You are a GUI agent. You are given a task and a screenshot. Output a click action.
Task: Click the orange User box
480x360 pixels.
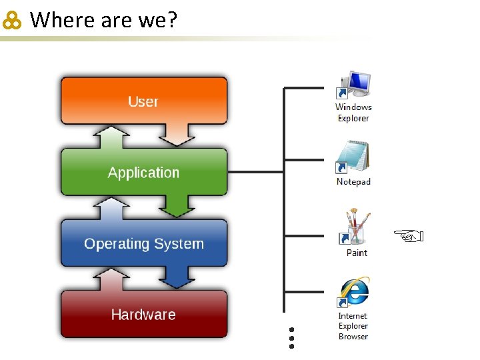(143, 100)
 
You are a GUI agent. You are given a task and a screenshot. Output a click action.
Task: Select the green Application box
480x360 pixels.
(143, 172)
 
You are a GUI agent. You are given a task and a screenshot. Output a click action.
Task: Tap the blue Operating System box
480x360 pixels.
(143, 243)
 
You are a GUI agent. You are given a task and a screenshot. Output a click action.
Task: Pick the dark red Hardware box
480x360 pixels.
(143, 315)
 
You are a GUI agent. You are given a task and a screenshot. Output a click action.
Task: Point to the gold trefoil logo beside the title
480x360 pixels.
(13, 22)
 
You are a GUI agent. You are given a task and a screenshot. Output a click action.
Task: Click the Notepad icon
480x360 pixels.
(353, 159)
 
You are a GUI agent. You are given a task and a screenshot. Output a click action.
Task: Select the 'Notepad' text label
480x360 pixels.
(353, 182)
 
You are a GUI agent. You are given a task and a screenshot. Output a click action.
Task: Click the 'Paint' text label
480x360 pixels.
(357, 253)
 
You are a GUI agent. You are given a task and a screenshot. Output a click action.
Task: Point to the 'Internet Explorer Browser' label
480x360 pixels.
(353, 326)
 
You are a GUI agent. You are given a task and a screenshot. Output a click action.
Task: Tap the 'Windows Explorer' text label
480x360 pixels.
(353, 113)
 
